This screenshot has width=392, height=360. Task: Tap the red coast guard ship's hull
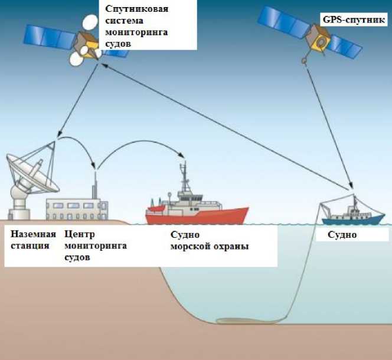(194, 215)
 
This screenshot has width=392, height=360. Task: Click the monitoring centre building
(77, 209)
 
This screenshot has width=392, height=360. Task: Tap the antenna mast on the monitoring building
(95, 183)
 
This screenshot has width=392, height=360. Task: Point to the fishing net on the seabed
(237, 322)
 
